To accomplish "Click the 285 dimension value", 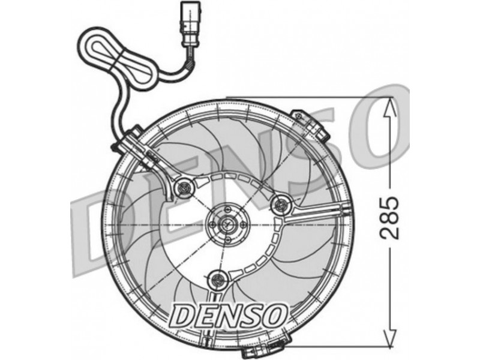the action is click(x=389, y=218).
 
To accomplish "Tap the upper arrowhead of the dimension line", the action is click(x=389, y=108).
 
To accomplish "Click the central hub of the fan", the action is click(x=227, y=224).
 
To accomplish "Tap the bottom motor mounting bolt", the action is click(x=218, y=279).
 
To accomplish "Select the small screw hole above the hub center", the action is click(x=227, y=209).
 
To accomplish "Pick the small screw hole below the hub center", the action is click(x=227, y=240).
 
